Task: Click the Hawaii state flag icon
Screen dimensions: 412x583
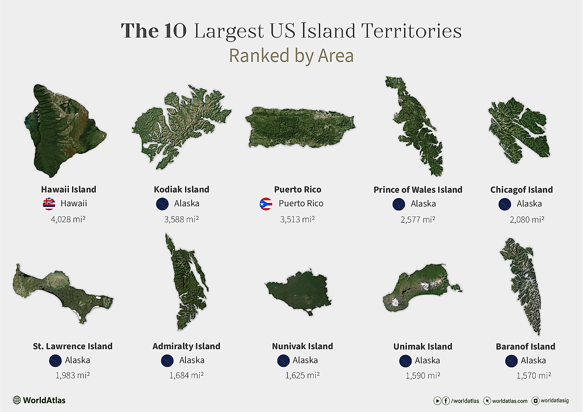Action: point(49,204)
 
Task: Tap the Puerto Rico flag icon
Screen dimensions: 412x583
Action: point(266,204)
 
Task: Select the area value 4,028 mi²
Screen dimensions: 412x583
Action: point(68,219)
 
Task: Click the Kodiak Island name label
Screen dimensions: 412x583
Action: point(182,189)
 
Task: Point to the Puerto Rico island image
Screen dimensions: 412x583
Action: point(299,127)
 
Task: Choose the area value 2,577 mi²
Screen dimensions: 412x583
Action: point(417,219)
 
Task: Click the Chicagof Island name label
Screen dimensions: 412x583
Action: point(521,190)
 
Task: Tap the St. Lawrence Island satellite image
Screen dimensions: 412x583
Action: point(62,292)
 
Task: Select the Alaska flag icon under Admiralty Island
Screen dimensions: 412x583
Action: point(167,361)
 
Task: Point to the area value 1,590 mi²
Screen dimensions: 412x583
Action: point(423,376)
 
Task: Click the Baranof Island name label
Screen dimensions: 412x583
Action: point(525,347)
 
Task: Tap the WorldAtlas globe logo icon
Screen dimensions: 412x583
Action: point(17,400)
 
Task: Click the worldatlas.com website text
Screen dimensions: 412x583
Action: point(510,401)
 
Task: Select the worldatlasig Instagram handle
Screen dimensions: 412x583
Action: point(555,401)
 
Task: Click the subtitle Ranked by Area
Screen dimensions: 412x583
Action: point(291,56)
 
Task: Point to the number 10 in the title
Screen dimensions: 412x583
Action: point(175,31)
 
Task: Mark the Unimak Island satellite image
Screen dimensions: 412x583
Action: point(420,287)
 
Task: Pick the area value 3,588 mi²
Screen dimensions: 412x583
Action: point(181,219)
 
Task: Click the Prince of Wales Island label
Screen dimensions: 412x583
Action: point(417,190)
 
